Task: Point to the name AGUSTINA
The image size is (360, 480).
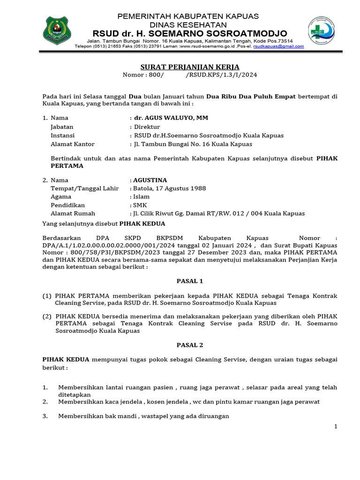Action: click(x=150, y=180)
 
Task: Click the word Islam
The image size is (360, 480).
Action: click(x=142, y=197)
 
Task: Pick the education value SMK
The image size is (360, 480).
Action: click(x=140, y=205)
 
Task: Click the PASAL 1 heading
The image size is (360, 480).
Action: click(x=190, y=281)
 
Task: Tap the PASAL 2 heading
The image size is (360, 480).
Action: click(x=190, y=345)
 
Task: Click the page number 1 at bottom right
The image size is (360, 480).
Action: click(x=336, y=426)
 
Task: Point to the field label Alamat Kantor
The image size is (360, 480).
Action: click(x=73, y=144)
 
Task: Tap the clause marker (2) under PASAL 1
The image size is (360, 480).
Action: click(x=47, y=316)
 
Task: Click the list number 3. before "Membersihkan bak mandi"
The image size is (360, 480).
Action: click(x=45, y=416)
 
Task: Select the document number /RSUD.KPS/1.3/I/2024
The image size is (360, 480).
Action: click(x=221, y=75)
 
